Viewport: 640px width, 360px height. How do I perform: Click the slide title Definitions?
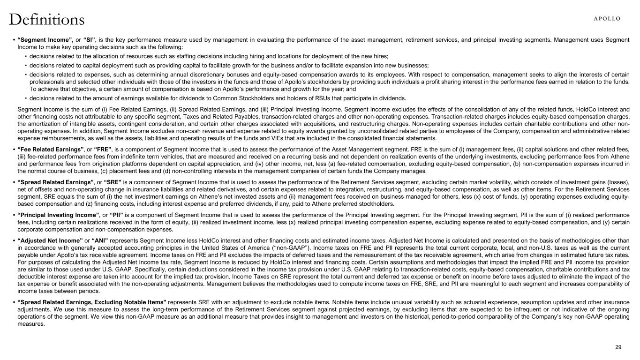pos(47,20)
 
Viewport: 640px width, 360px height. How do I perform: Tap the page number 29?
pos(618,347)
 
